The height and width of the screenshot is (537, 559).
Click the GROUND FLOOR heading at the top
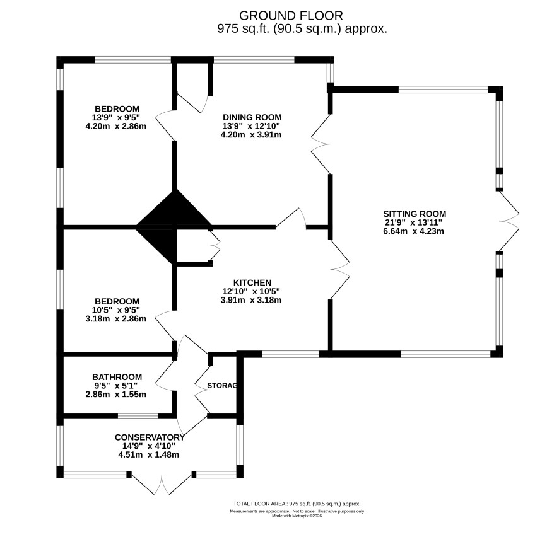(291, 16)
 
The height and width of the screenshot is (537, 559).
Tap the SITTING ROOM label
(415, 214)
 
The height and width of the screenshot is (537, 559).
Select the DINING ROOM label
(252, 117)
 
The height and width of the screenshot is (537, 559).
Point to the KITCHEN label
(252, 283)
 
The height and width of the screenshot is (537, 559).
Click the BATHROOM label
(117, 377)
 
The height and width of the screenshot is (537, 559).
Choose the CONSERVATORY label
(150, 437)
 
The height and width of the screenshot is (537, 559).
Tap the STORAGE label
(222, 386)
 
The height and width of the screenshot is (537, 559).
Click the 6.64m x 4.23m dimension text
(415, 231)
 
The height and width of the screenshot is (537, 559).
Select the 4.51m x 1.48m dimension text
(149, 454)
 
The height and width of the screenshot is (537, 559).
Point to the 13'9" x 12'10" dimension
(251, 126)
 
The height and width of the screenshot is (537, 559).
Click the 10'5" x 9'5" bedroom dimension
(116, 310)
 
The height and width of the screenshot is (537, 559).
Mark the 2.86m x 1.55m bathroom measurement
(116, 395)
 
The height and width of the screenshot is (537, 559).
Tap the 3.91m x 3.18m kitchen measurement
(251, 300)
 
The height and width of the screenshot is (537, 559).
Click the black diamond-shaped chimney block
(174, 226)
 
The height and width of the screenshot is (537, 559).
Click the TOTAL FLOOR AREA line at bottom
(297, 504)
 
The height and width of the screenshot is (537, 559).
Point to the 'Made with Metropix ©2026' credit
(297, 516)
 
